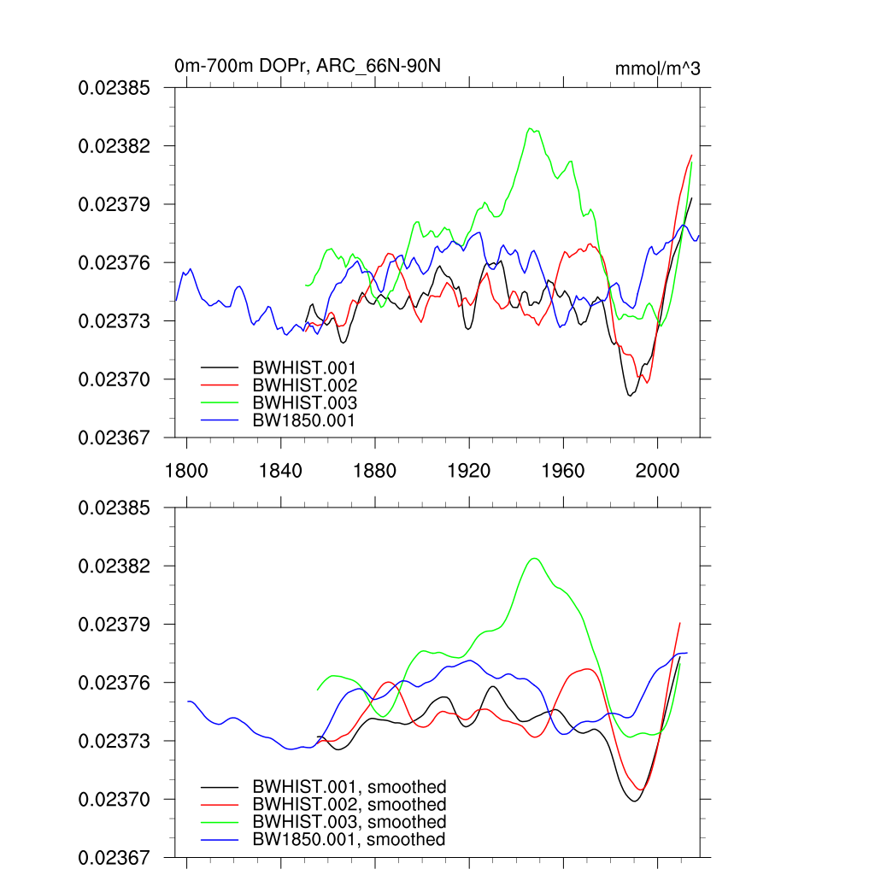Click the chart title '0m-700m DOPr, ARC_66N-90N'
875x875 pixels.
point(308,66)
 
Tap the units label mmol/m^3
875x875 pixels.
point(657,68)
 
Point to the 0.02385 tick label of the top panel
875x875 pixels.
point(115,88)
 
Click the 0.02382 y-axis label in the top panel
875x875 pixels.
point(115,146)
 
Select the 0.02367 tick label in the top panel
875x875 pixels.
point(115,437)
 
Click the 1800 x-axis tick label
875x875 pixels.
point(186,471)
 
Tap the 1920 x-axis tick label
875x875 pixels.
point(469,471)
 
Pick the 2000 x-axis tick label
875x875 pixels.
point(657,471)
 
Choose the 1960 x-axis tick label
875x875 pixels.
point(563,471)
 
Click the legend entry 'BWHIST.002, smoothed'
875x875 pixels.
point(349,805)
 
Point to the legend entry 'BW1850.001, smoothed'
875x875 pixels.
point(349,840)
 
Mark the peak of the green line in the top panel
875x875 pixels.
point(531,128)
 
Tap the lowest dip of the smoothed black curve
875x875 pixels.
point(634,801)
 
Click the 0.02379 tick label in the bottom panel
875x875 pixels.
point(115,625)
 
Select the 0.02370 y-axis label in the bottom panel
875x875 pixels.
point(115,800)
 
